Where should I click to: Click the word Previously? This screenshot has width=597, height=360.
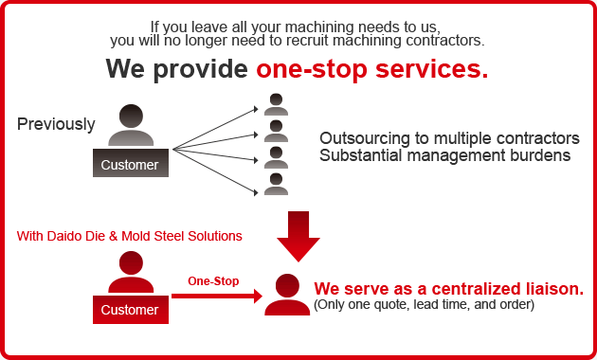pos(56,124)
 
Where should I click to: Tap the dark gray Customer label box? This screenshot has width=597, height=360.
pos(131,164)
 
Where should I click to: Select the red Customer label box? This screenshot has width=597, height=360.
pos(131,310)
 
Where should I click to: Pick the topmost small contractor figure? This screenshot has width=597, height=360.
pos(276,104)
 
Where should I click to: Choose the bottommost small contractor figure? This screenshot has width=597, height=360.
pos(276,184)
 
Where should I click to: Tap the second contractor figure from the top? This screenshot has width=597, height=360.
pos(276,131)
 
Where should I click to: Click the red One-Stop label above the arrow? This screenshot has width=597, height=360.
pos(213,281)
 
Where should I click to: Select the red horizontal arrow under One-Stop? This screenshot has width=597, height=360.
pos(217,297)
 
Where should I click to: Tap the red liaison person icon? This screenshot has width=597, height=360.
pos(287,295)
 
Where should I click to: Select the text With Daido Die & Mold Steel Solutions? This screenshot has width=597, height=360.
pos(129,235)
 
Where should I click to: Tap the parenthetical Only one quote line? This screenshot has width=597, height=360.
pos(425,305)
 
